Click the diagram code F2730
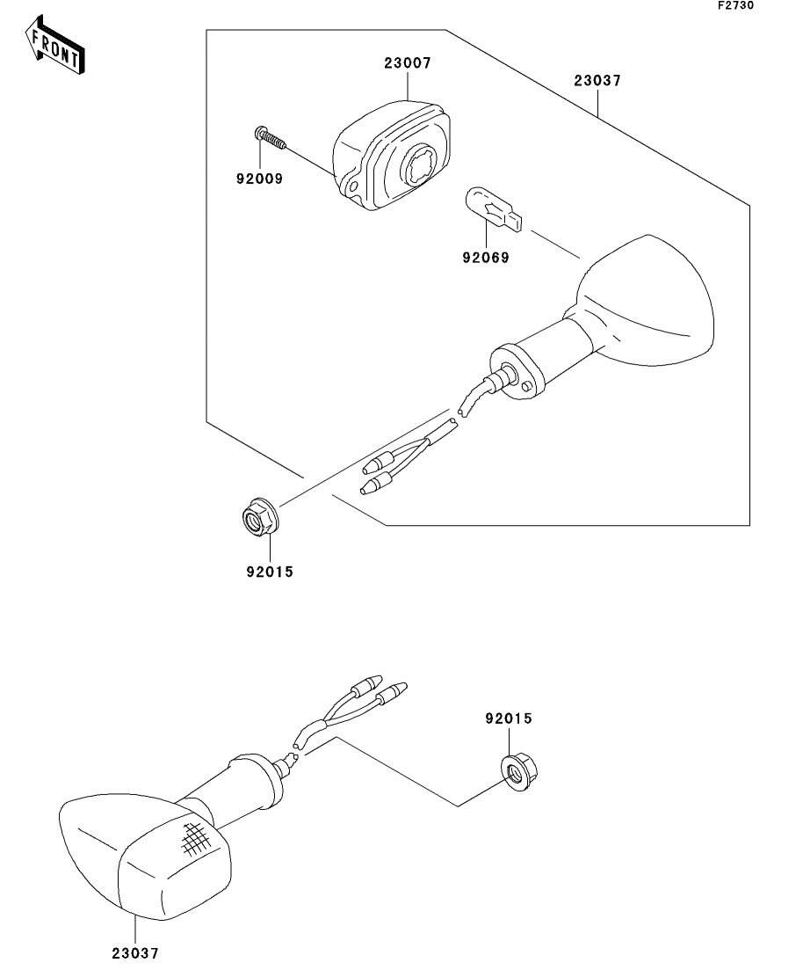(x=734, y=6)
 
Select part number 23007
(x=407, y=63)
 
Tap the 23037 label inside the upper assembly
(x=597, y=81)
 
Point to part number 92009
(x=258, y=177)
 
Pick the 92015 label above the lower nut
(x=509, y=718)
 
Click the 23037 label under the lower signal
(x=135, y=952)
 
